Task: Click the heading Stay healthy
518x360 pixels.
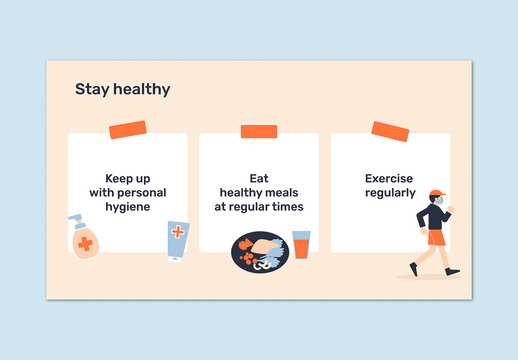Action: click(x=122, y=89)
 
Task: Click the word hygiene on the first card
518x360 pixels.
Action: click(x=127, y=206)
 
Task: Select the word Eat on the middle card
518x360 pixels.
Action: click(x=258, y=178)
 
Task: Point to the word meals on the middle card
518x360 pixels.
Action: click(x=284, y=192)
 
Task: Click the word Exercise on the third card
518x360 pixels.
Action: click(x=389, y=178)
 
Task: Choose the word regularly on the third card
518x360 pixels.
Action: click(x=390, y=192)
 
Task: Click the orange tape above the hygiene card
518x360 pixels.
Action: click(x=127, y=130)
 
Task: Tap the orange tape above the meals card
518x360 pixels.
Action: click(x=259, y=131)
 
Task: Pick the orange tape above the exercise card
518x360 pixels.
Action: click(x=390, y=131)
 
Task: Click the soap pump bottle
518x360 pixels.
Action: click(x=83, y=239)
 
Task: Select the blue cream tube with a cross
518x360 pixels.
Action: click(x=177, y=241)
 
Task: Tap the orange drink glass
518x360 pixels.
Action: click(x=301, y=245)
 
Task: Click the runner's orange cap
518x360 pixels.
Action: click(x=435, y=193)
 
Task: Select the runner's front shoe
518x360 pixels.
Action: click(x=453, y=271)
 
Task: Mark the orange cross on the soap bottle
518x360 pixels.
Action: click(x=85, y=244)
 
